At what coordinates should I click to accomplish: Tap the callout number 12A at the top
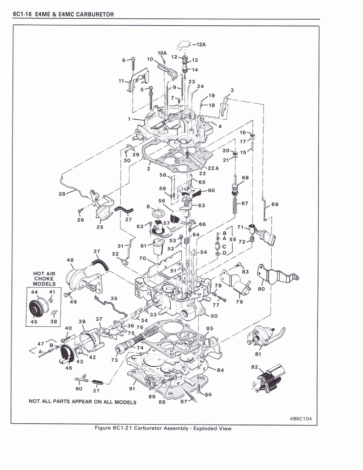point(201,45)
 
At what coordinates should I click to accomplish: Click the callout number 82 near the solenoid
point(255,367)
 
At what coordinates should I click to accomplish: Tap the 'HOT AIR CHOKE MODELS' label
point(44,279)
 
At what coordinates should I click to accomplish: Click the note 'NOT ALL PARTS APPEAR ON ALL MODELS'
point(83,402)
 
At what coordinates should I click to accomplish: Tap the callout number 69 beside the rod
point(274,204)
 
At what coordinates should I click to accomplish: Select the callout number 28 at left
point(62,194)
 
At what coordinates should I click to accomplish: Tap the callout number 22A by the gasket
point(214,168)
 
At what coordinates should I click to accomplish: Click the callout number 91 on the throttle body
point(132,389)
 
